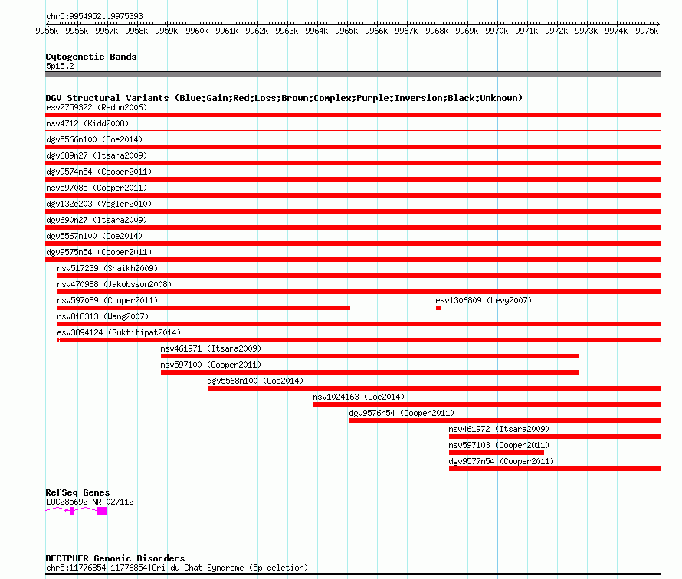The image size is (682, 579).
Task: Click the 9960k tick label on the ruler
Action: pyautogui.click(x=197, y=31)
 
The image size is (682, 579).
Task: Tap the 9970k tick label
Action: pyautogui.click(x=497, y=31)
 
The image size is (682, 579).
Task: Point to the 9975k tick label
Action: pyautogui.click(x=647, y=31)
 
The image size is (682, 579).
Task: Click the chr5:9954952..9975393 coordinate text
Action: pyautogui.click(x=94, y=17)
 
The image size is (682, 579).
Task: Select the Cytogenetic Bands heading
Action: pyautogui.click(x=91, y=57)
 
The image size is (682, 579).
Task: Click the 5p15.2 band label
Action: pyautogui.click(x=60, y=66)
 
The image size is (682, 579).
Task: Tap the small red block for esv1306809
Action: pyautogui.click(x=438, y=308)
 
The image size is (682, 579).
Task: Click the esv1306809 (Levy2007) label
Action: pyautogui.click(x=484, y=300)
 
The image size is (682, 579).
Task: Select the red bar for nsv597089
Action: pyautogui.click(x=204, y=308)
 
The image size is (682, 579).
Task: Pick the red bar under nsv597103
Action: pyautogui.click(x=497, y=453)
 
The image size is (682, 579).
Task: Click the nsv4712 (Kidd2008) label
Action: pyautogui.click(x=87, y=123)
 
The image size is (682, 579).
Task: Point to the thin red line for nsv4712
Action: pyautogui.click(x=352, y=130)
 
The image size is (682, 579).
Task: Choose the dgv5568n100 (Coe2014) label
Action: pyautogui.click(x=255, y=381)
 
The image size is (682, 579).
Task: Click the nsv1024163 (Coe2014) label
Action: pyautogui.click(x=359, y=397)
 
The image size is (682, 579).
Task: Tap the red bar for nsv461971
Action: pyautogui.click(x=369, y=356)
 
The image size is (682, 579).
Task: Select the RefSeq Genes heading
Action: pyautogui.click(x=77, y=492)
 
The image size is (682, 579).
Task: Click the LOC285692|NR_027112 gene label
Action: pyautogui.click(x=90, y=502)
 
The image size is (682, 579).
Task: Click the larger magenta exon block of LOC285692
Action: pyautogui.click(x=101, y=511)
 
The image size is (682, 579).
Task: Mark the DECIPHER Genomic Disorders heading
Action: pyautogui.click(x=115, y=558)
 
